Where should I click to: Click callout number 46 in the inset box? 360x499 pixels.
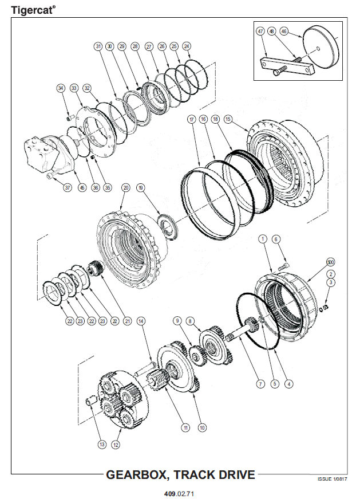coord(284,32)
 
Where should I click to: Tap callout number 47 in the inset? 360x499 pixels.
coord(260,32)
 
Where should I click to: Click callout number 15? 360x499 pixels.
coord(228,119)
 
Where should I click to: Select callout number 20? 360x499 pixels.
coord(126,188)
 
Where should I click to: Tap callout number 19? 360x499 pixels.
coord(141,188)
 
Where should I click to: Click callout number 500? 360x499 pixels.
coord(330,262)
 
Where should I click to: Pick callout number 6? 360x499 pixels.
coord(275,239)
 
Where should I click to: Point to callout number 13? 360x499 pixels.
coord(102,443)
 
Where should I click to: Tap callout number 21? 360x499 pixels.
coord(127,321)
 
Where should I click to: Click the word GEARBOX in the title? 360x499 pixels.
coord(138,475)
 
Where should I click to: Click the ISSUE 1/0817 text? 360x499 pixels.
coord(332,479)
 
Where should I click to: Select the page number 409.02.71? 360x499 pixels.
coord(180,492)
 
